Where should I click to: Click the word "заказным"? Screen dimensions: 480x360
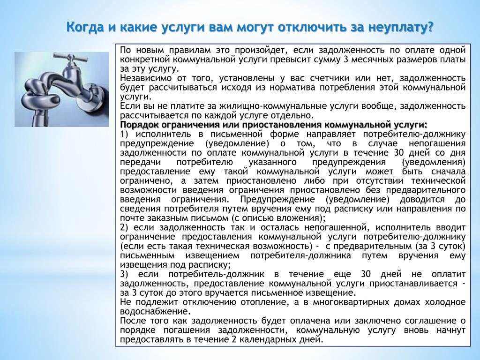(166, 218)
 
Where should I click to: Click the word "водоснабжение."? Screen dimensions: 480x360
(156, 312)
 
